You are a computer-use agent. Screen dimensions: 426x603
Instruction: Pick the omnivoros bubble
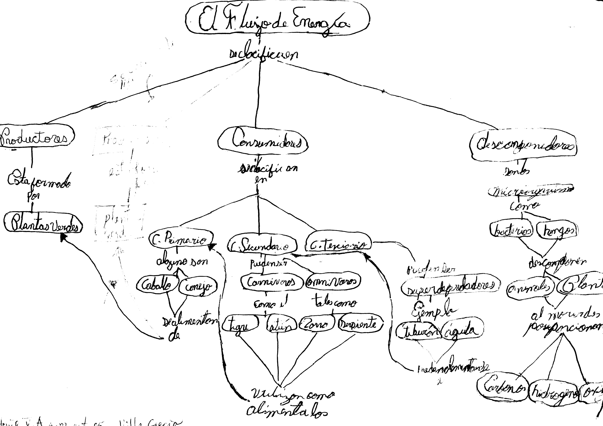[x=332, y=282]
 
